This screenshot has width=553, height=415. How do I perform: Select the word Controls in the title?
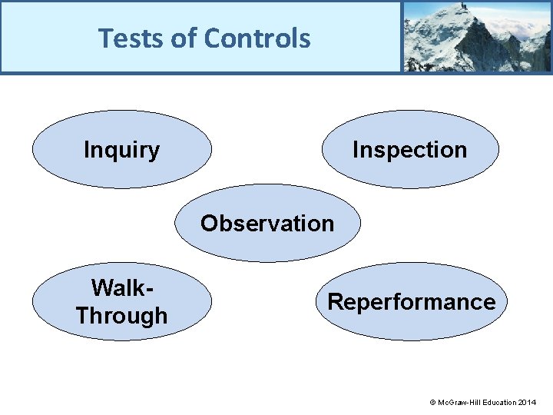(257, 38)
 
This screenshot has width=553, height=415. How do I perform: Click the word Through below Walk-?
(121, 315)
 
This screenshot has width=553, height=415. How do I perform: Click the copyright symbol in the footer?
(432, 403)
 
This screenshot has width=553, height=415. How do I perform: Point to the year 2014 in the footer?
(528, 403)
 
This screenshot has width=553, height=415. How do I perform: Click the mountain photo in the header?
(476, 36)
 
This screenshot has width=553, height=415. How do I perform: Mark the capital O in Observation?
(209, 224)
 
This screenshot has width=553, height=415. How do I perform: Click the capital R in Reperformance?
(335, 302)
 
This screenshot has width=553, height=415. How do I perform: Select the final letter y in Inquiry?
(154, 151)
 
